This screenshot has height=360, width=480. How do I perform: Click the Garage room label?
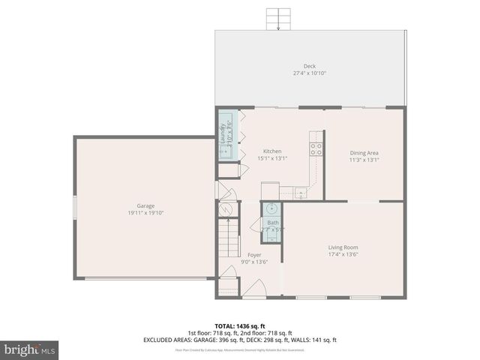(x=145, y=205)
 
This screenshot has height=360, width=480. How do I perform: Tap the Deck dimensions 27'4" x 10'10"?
(x=310, y=73)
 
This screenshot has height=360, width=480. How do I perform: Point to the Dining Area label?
(x=364, y=152)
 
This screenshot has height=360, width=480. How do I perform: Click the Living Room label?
(x=343, y=247)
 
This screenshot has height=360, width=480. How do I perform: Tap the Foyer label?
(x=255, y=255)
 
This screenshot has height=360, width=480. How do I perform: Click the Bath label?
(x=272, y=223)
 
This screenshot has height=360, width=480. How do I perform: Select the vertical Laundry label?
(x=223, y=133)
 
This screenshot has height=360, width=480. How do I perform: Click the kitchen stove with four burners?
(x=316, y=148)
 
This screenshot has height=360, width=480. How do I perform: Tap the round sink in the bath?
(x=272, y=208)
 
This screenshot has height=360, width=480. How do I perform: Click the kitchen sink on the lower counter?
(x=301, y=193)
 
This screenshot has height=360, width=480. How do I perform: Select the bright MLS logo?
(x=30, y=349)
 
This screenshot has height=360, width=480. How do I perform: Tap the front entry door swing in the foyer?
(x=255, y=288)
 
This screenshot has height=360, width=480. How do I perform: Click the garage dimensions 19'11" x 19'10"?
(x=145, y=213)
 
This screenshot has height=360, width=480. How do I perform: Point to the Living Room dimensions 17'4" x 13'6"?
(x=343, y=255)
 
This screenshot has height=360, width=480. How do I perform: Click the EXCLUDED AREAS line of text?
(x=239, y=340)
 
